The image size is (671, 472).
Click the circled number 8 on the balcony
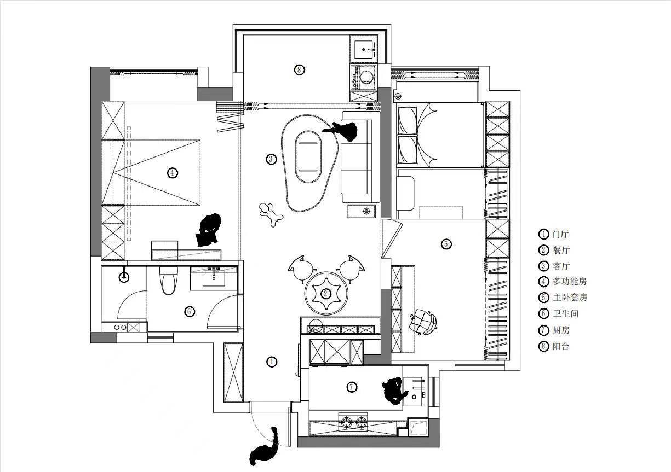[299, 70]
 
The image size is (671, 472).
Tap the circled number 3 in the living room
[271, 159]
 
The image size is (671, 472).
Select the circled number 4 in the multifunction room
[172, 173]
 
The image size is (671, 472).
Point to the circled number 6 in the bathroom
[189, 312]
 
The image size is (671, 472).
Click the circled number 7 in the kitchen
[352, 387]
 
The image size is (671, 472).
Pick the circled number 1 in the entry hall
[272, 362]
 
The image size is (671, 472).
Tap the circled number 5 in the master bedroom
[446, 244]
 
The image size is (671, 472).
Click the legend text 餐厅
[561, 250]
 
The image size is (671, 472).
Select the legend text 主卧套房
[570, 298]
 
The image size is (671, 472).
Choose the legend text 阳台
[561, 346]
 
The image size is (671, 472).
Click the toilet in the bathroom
[168, 280]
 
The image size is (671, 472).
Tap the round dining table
[326, 294]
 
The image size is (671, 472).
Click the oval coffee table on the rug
[308, 157]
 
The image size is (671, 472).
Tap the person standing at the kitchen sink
[394, 391]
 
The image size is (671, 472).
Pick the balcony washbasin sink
[365, 49]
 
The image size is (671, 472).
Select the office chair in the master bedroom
[423, 322]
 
